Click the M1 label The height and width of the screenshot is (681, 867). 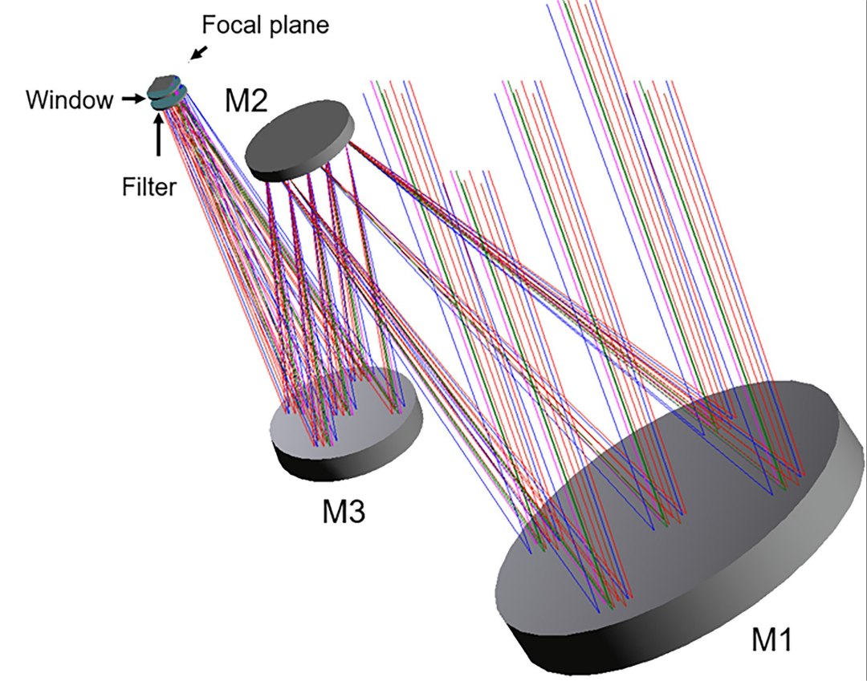(x=771, y=639)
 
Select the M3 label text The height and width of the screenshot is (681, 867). (x=340, y=511)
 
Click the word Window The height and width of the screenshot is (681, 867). (x=69, y=100)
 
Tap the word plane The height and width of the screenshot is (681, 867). (x=300, y=25)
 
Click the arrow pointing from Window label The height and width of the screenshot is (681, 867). (x=130, y=99)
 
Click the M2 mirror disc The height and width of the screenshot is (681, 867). (x=299, y=138)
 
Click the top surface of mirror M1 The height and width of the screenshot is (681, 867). (x=666, y=513)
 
